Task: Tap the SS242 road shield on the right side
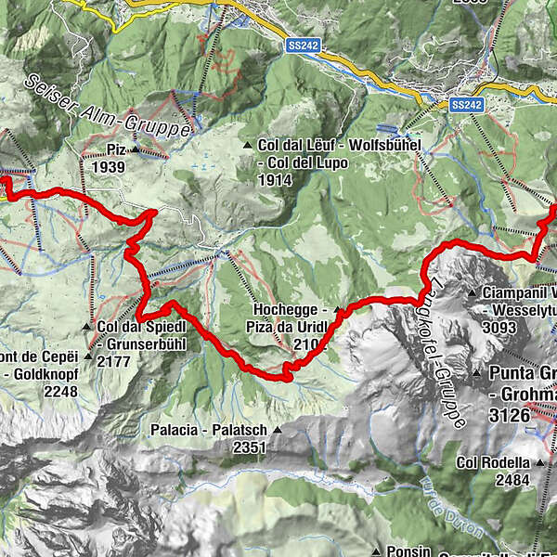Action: click(467, 106)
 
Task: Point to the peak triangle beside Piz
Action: click(135, 149)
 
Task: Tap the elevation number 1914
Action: click(277, 179)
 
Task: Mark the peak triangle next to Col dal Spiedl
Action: click(88, 327)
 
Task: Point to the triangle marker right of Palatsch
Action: click(276, 431)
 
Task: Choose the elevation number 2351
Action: click(251, 447)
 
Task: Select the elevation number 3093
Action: click(502, 326)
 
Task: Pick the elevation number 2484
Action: click(512, 479)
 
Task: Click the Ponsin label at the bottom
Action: click(408, 550)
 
